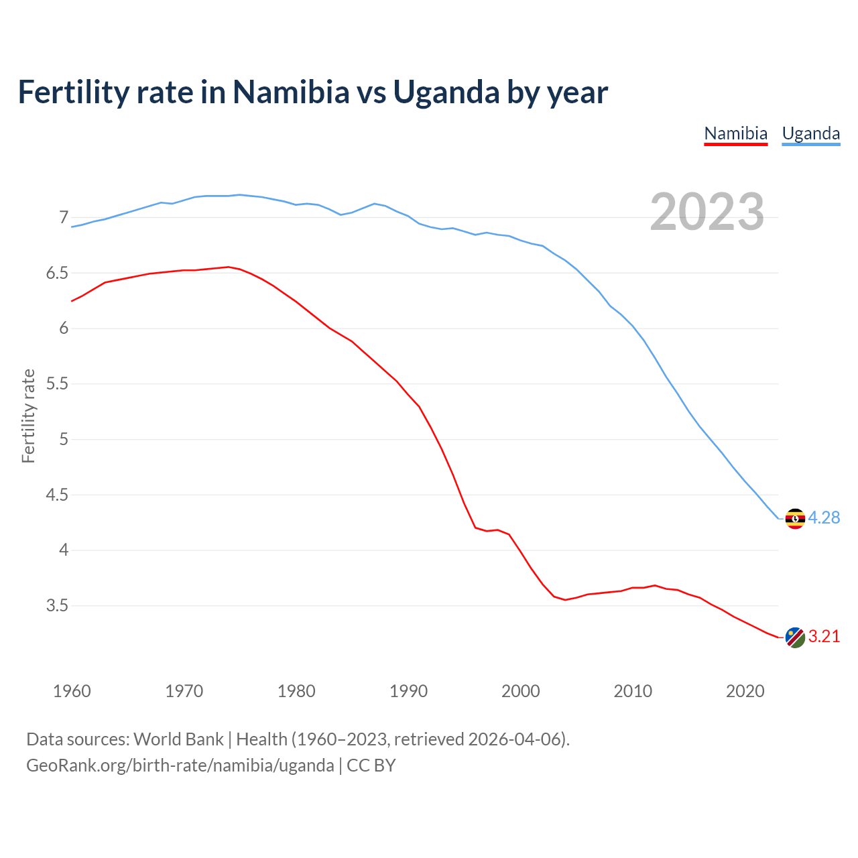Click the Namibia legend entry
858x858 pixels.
(x=735, y=133)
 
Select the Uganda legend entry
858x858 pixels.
(x=811, y=133)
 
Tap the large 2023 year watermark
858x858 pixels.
(x=707, y=212)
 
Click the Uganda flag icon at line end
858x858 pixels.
(x=795, y=519)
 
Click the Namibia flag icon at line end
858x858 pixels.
(x=795, y=637)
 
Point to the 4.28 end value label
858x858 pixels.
(x=824, y=518)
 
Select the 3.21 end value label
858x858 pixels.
(x=824, y=637)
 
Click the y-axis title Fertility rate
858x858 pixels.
(x=28, y=416)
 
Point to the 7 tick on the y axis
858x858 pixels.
(x=64, y=217)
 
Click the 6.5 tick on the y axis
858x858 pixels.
(x=57, y=273)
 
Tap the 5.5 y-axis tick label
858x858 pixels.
(x=57, y=384)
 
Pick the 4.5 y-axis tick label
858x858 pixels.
(x=57, y=495)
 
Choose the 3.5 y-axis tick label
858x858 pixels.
(x=57, y=606)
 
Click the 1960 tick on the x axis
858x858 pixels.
(x=72, y=691)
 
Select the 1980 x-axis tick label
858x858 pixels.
(x=296, y=691)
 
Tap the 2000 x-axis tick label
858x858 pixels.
(x=521, y=691)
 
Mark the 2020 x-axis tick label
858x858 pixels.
(x=745, y=691)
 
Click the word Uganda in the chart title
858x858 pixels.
(x=446, y=93)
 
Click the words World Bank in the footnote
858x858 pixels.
(x=178, y=739)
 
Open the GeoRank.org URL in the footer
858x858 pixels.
(x=180, y=765)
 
